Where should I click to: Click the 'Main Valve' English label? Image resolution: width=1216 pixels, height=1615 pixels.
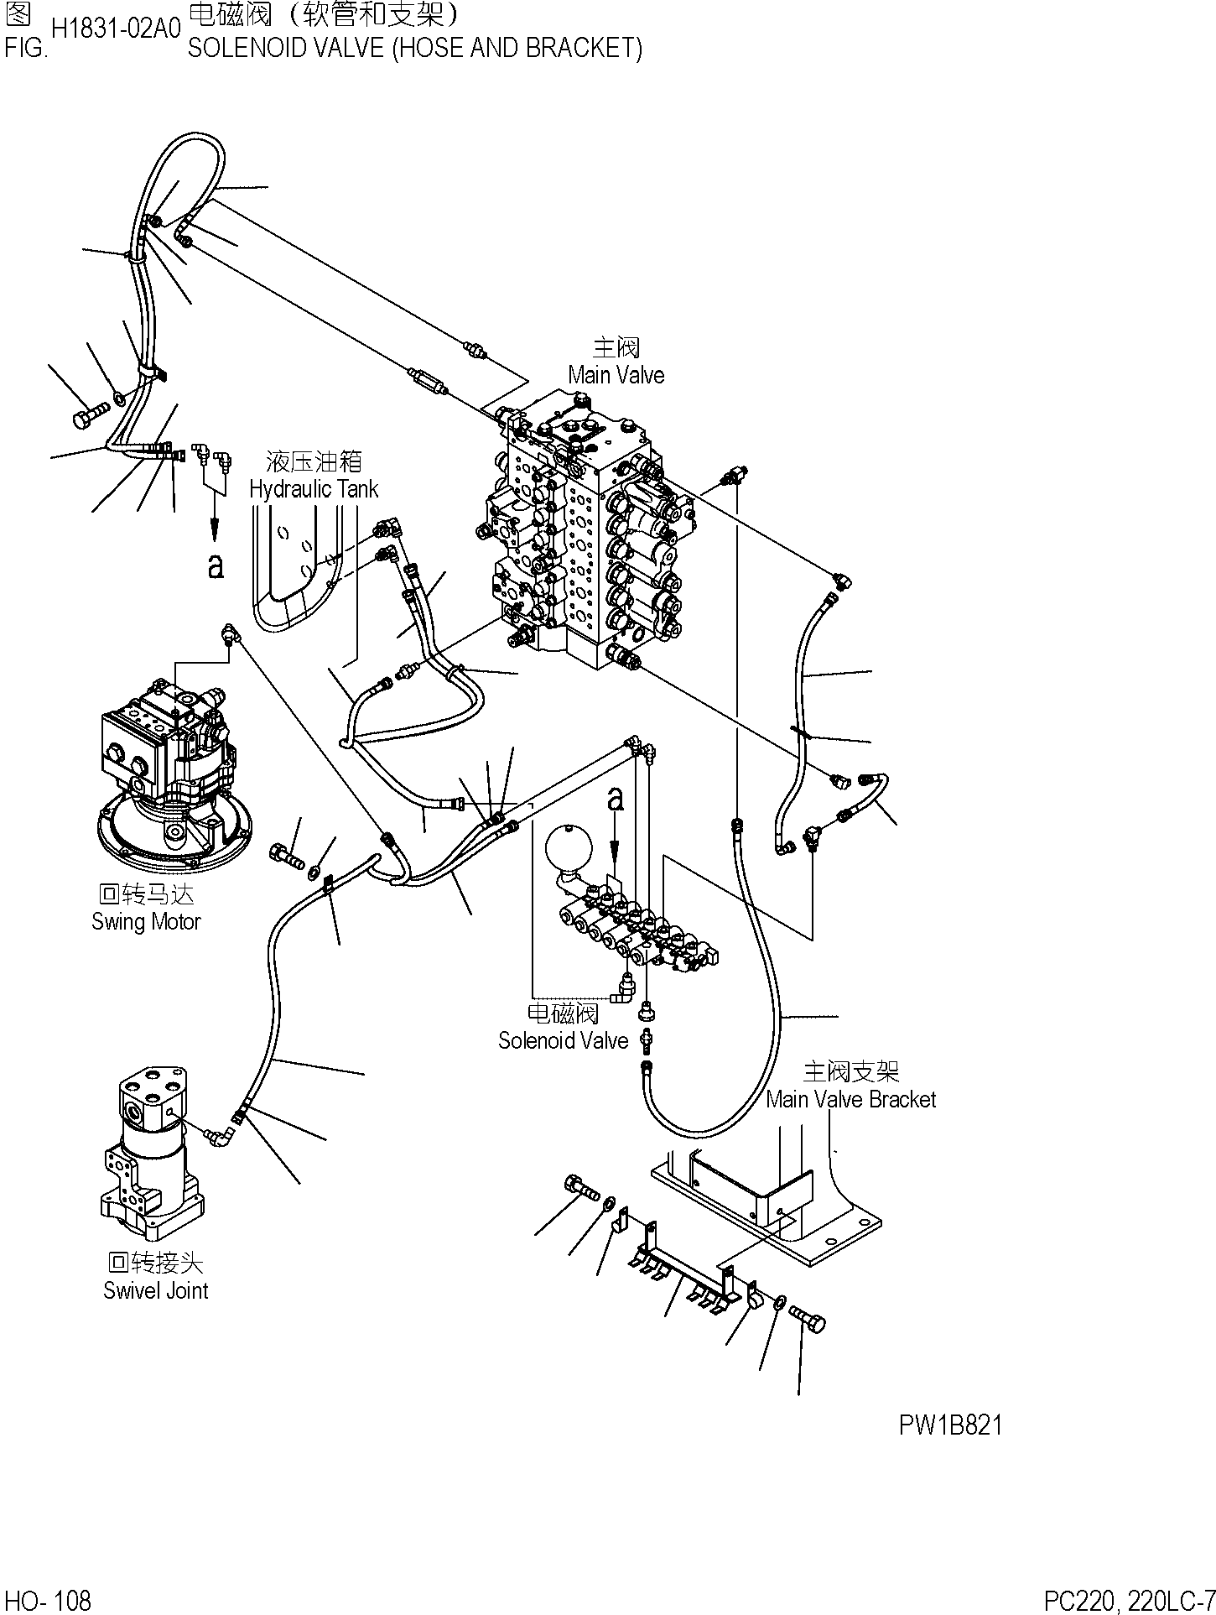616,375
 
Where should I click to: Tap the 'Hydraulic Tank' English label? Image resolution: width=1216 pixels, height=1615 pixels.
314,489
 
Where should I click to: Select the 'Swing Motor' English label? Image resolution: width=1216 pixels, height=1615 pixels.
146,922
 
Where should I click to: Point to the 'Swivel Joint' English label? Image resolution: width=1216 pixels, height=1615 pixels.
155,1290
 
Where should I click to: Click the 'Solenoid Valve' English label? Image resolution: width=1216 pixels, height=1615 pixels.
563,1040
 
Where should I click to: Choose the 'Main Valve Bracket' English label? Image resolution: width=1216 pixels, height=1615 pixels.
851,1099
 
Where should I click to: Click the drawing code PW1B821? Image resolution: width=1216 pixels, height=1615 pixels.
951,1425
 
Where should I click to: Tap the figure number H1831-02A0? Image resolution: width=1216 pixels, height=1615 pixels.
116,29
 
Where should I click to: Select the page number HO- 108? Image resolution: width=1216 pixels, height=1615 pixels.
48,1601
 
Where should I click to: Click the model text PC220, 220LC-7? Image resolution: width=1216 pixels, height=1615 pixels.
1129,1601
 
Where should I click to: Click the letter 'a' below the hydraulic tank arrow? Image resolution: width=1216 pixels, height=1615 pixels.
216,565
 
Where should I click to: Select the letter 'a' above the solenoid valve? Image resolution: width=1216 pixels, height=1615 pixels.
616,799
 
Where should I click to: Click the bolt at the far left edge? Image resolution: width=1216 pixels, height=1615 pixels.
91,414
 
